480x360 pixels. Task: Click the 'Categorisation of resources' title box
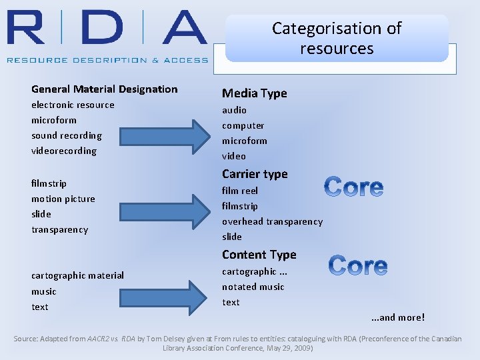(x=337, y=38)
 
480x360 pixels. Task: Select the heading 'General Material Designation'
(x=105, y=89)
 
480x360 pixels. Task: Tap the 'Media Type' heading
(x=254, y=93)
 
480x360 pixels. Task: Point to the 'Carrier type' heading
(x=255, y=174)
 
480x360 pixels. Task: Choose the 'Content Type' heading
(x=259, y=255)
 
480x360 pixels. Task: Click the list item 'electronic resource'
(x=73, y=105)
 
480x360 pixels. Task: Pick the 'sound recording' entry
(x=67, y=135)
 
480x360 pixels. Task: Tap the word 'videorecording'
(x=64, y=151)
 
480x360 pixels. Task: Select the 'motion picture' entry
(x=63, y=199)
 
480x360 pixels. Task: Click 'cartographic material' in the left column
(x=77, y=275)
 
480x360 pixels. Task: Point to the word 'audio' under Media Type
(x=234, y=110)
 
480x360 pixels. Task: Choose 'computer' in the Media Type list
(x=243, y=125)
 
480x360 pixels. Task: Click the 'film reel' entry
(x=240, y=191)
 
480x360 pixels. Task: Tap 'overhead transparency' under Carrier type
(x=272, y=221)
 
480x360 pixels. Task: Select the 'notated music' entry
(x=253, y=287)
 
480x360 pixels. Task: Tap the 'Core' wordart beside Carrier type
(x=353, y=187)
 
